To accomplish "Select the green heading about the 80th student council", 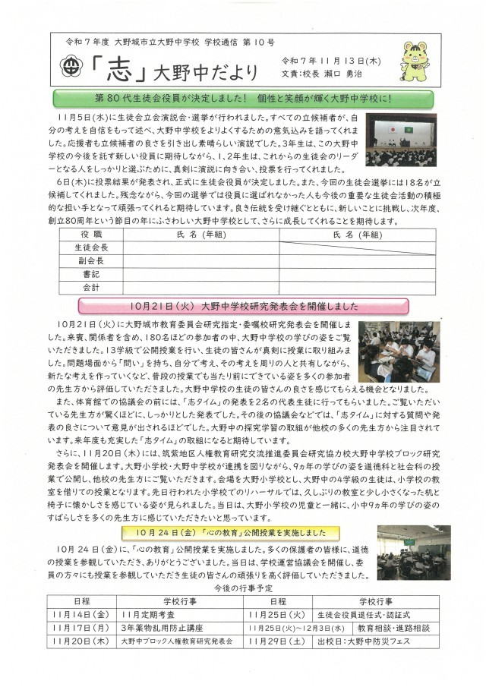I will [242, 98].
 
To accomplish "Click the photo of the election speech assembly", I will [399, 140].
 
